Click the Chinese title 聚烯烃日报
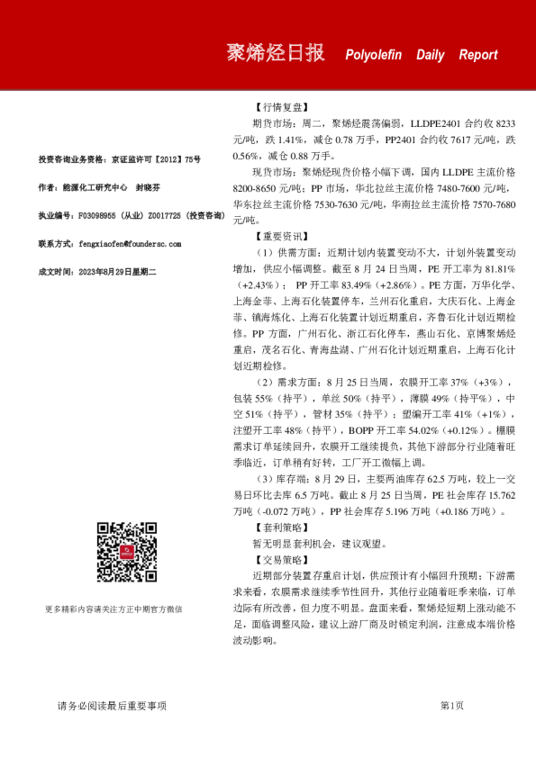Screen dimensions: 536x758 [x=275, y=53]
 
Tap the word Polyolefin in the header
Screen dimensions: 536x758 [x=375, y=55]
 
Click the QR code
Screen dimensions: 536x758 [x=127, y=551]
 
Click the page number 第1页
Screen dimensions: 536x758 [x=451, y=706]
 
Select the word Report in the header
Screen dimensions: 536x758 [x=477, y=55]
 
